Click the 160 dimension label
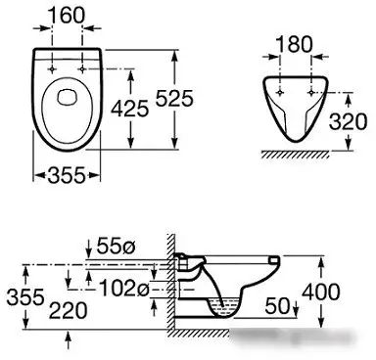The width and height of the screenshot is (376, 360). [67, 15]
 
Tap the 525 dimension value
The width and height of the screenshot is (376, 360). [174, 98]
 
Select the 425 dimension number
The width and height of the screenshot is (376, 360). [129, 109]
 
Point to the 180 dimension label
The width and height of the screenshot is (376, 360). [295, 44]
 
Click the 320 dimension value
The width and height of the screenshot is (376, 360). [348, 121]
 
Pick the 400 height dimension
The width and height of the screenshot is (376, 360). [320, 292]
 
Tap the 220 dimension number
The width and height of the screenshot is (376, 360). [68, 310]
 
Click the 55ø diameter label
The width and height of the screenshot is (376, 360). [116, 246]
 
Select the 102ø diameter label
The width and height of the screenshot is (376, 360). [123, 288]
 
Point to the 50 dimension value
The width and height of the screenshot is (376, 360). [278, 305]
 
